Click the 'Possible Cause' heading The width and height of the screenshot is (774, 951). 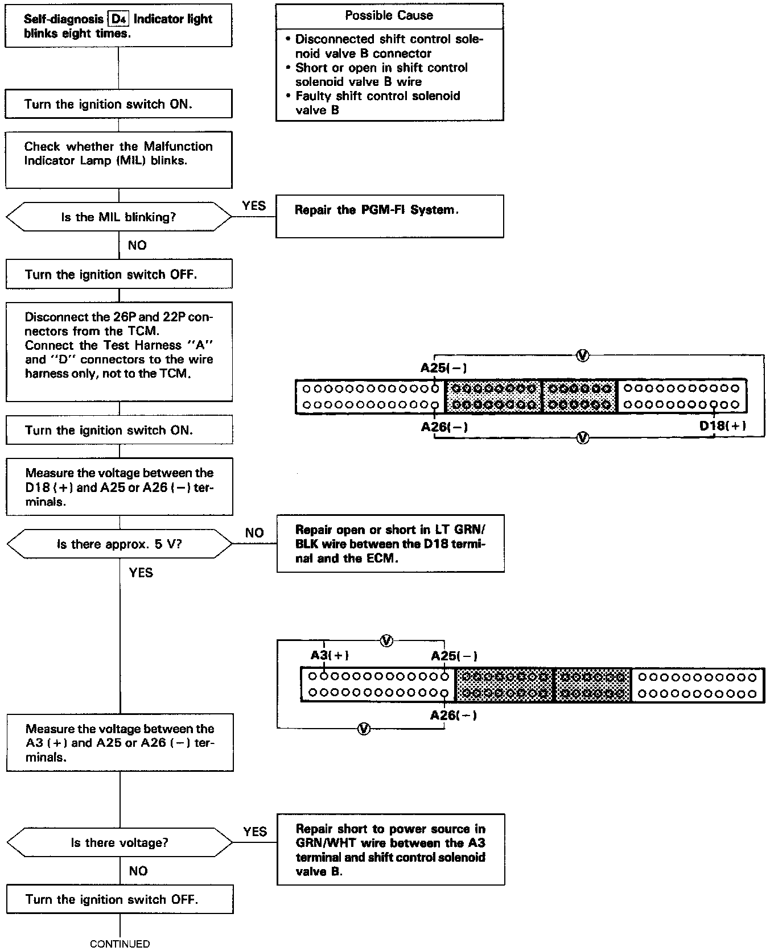pyautogui.click(x=389, y=16)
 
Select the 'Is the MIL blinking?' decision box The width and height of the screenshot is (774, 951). pyautogui.click(x=119, y=217)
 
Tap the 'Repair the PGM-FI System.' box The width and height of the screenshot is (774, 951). pyautogui.click(x=389, y=216)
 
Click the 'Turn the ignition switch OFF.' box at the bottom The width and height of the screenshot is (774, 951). pyautogui.click(x=120, y=899)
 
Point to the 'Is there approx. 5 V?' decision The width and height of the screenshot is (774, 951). pyautogui.click(x=120, y=544)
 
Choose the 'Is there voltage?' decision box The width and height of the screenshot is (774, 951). pyautogui.click(x=120, y=842)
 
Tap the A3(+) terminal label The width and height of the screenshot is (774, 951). pyautogui.click(x=330, y=655)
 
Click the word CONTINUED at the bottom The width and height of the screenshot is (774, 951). pyautogui.click(x=120, y=944)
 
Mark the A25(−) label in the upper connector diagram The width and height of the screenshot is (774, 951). pyautogui.click(x=444, y=368)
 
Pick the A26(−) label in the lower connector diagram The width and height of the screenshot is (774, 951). pyautogui.click(x=454, y=715)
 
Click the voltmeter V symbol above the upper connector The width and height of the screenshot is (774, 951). pyautogui.click(x=583, y=356)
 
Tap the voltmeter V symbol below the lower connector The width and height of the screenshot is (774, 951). pyautogui.click(x=363, y=729)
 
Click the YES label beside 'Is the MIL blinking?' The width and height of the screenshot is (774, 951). pyautogui.click(x=254, y=205)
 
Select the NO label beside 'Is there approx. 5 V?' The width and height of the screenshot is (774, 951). pyautogui.click(x=254, y=533)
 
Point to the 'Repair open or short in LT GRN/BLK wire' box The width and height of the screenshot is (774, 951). pyautogui.click(x=390, y=544)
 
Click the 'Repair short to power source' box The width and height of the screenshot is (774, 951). pyautogui.click(x=390, y=849)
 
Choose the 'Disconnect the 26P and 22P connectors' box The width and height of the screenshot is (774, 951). pyautogui.click(x=120, y=351)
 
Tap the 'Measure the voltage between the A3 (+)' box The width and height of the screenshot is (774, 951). pyautogui.click(x=120, y=742)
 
